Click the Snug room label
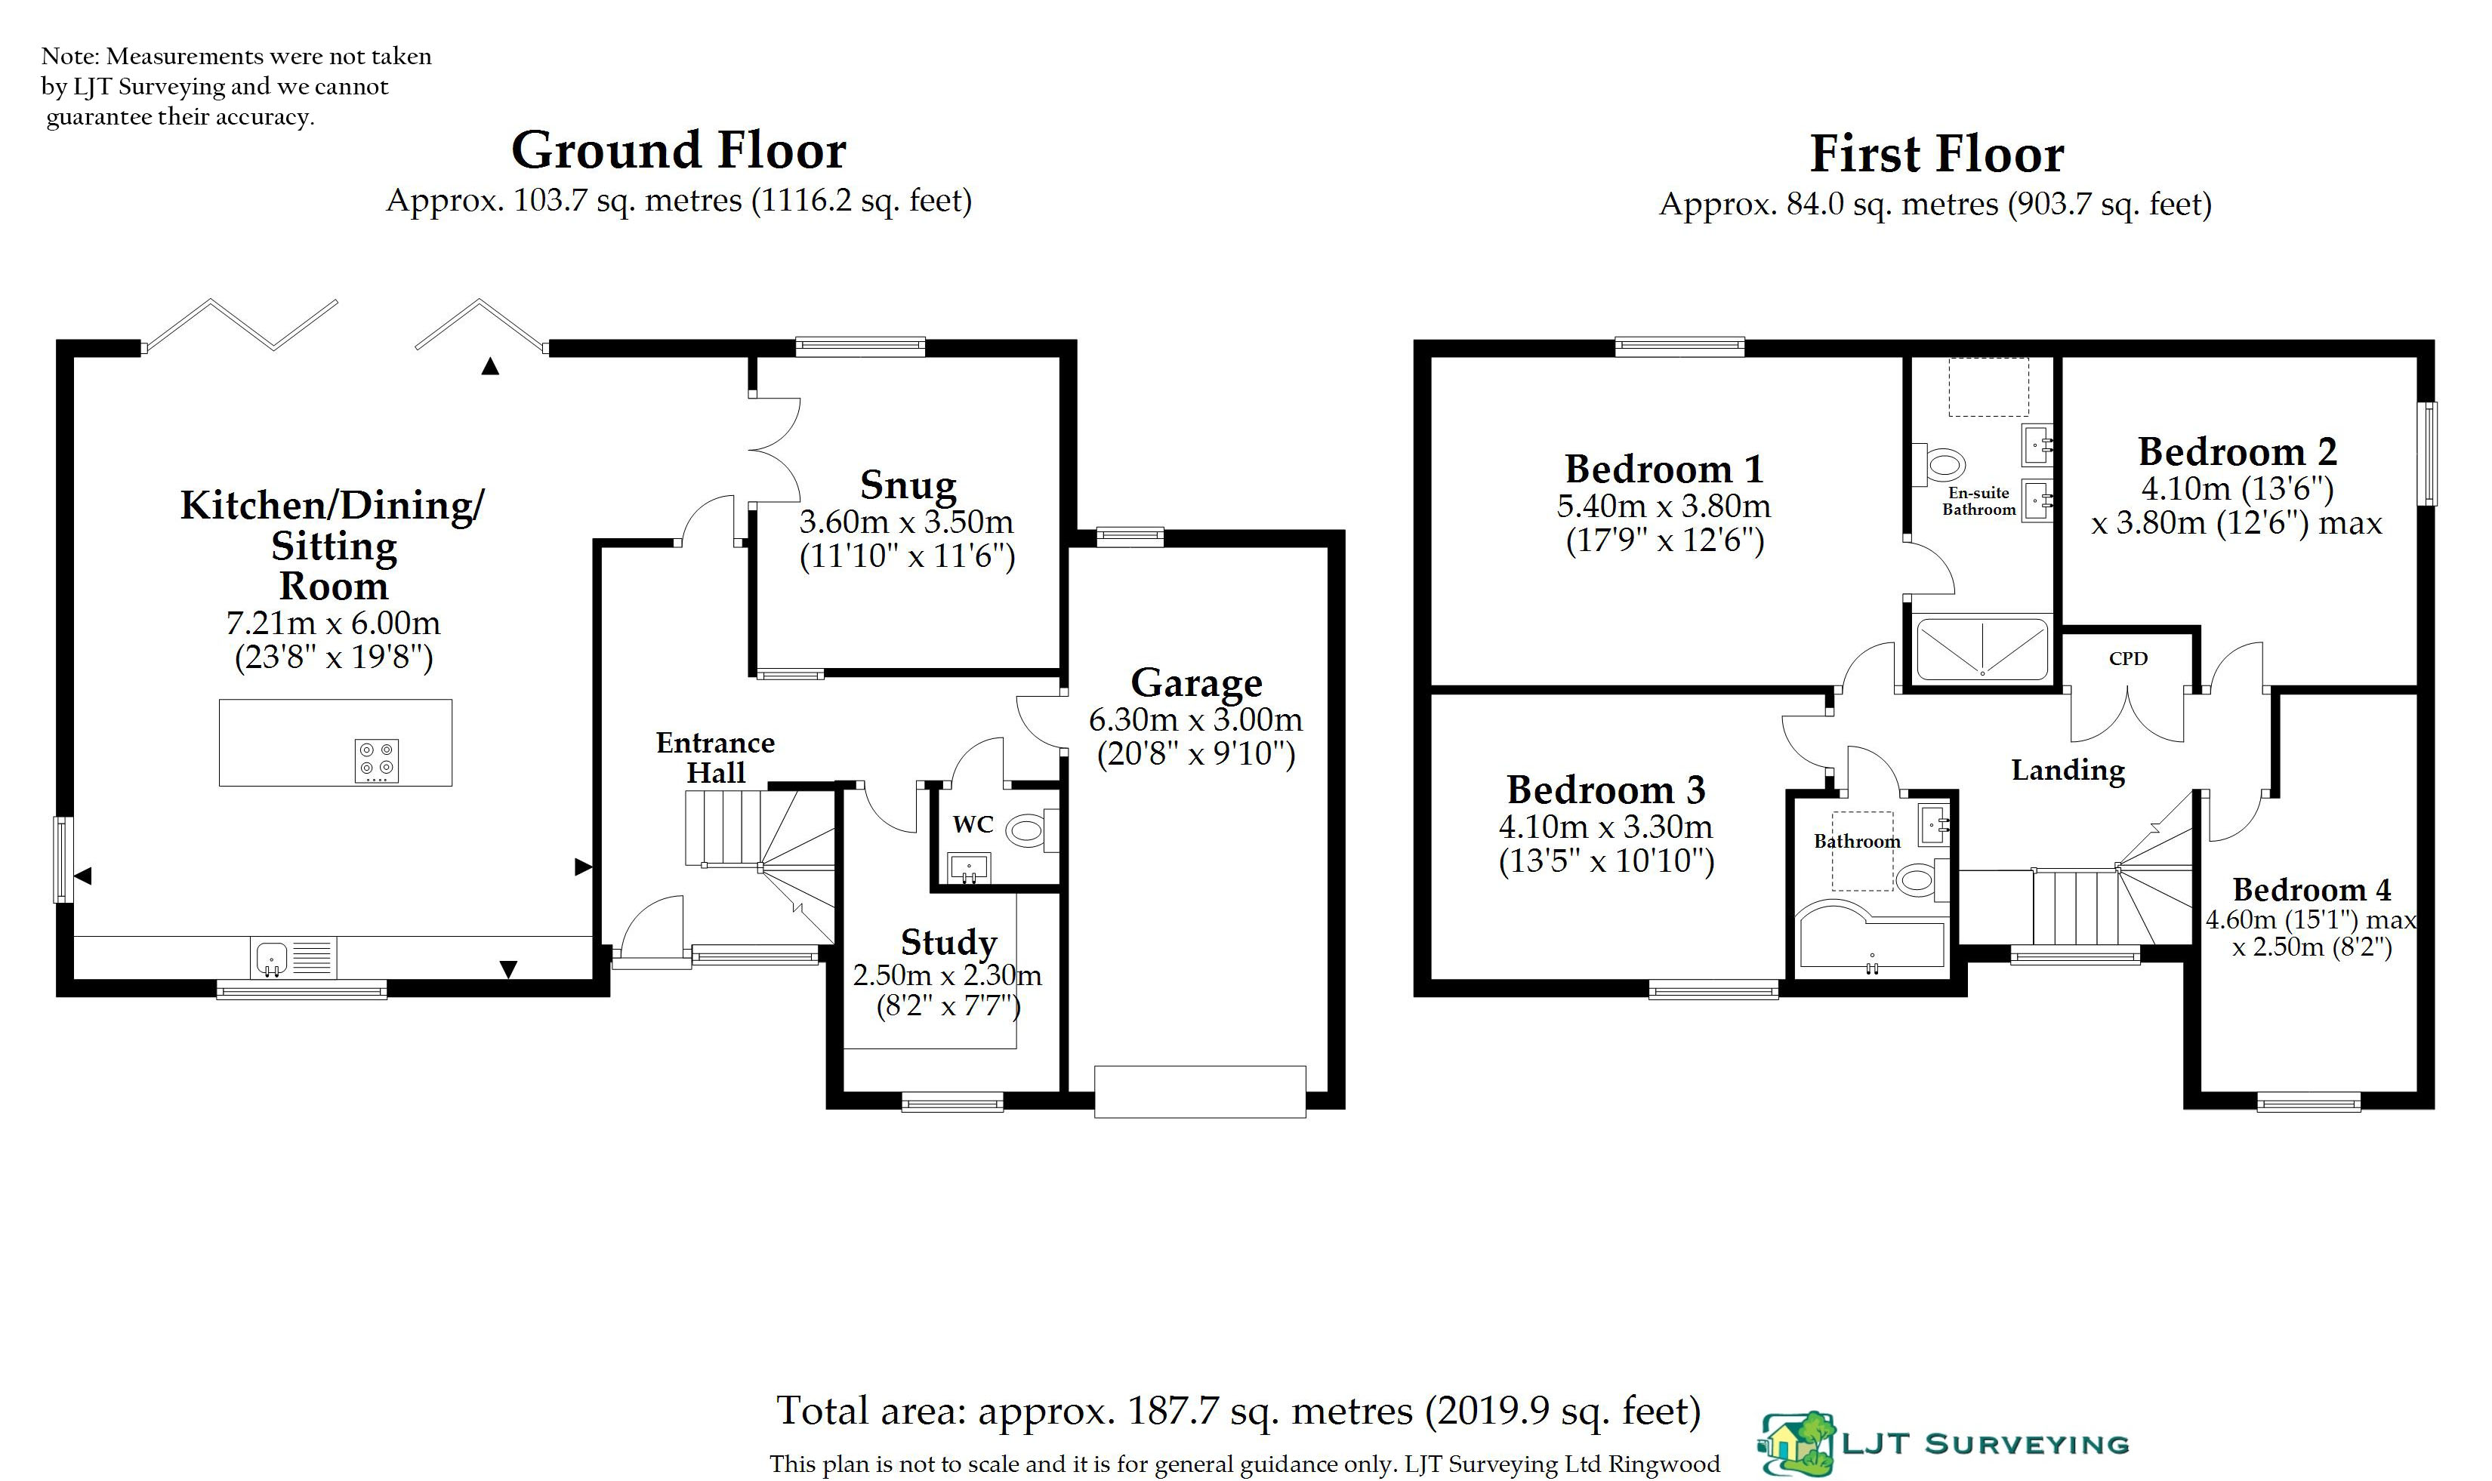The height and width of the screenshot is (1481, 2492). point(908,485)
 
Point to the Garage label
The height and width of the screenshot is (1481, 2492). point(1196,682)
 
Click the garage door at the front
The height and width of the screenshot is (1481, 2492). point(1199,1091)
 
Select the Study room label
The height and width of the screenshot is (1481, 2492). point(948,942)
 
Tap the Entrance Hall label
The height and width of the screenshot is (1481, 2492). point(715,757)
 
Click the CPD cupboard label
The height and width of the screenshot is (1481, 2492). point(2127,659)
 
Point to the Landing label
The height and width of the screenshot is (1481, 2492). point(2068,771)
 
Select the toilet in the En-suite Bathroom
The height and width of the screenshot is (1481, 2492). point(1944,464)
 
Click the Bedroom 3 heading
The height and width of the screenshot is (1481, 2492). point(1605,790)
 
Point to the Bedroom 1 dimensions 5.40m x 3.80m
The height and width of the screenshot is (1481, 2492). point(1664,506)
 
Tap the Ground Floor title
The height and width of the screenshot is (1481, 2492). point(678,151)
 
